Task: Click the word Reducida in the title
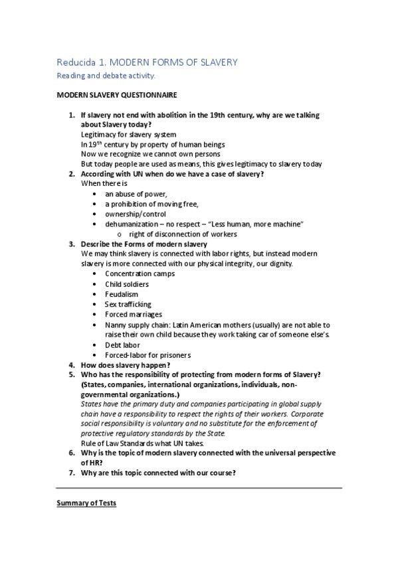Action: click(x=76, y=62)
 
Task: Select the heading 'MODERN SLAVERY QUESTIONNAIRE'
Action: click(x=116, y=96)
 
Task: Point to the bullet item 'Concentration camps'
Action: click(x=140, y=274)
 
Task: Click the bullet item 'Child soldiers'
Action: click(x=126, y=284)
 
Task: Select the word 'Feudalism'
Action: click(x=122, y=294)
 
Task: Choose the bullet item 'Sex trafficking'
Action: click(x=128, y=304)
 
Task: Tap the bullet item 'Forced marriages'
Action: click(x=133, y=314)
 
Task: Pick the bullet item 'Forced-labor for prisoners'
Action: click(x=148, y=355)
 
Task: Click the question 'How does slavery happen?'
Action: click(x=125, y=365)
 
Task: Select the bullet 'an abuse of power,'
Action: click(x=132, y=194)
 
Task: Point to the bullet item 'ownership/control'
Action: click(x=134, y=214)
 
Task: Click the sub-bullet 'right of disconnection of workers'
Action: click(x=183, y=234)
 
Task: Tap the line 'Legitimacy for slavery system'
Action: click(x=128, y=134)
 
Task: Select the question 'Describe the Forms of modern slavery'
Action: click(x=144, y=244)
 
